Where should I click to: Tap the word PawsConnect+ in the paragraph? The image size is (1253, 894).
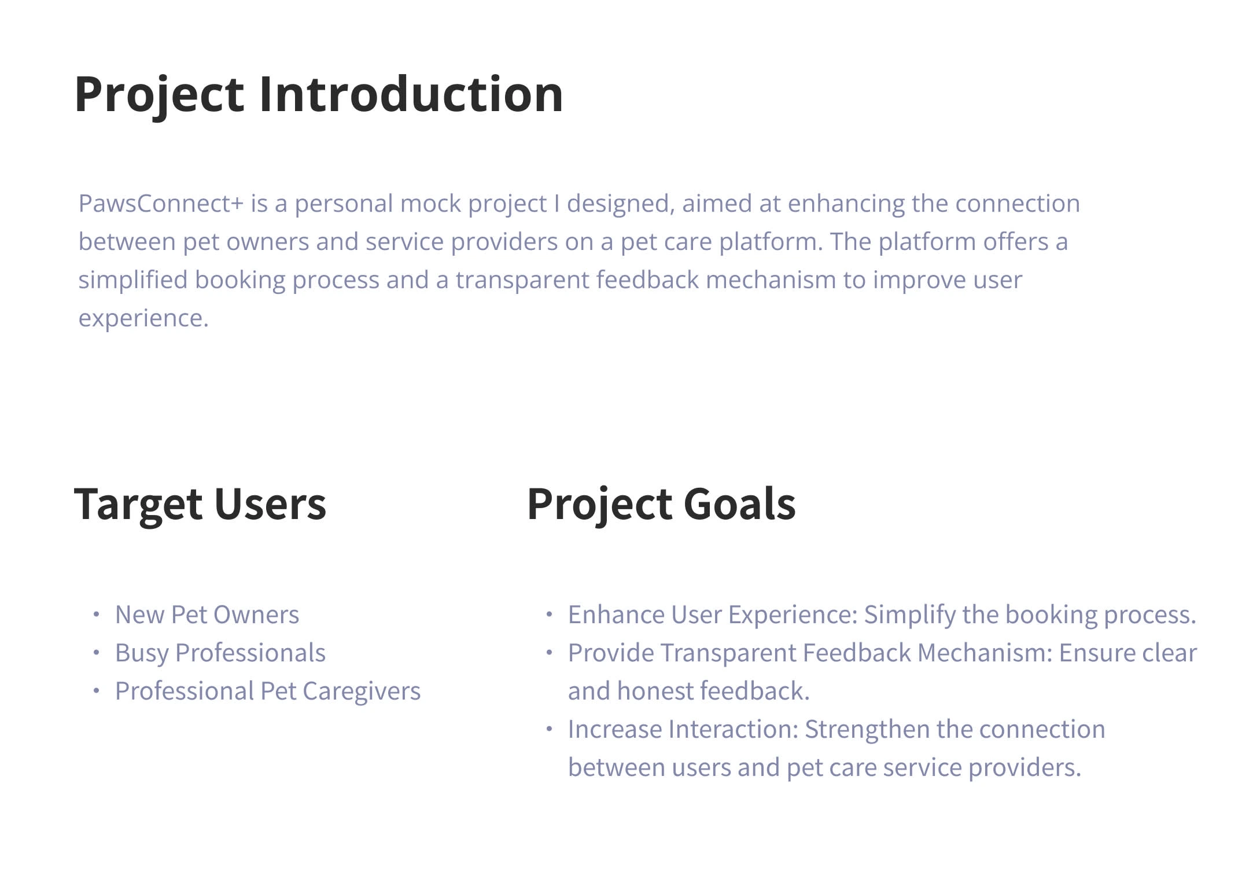161,203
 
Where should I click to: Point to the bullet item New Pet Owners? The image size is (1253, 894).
207,615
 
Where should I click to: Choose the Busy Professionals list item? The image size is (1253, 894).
220,653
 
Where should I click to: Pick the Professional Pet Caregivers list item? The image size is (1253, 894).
268,691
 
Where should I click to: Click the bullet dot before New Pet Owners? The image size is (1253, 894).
97,615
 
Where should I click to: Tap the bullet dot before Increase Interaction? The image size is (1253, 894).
550,729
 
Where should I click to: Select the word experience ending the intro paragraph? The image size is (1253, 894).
143,319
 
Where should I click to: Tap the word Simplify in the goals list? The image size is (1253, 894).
910,615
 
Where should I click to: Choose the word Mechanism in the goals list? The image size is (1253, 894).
985,653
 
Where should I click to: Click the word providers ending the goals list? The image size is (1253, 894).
1024,768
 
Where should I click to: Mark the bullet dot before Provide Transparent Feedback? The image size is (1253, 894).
550,653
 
